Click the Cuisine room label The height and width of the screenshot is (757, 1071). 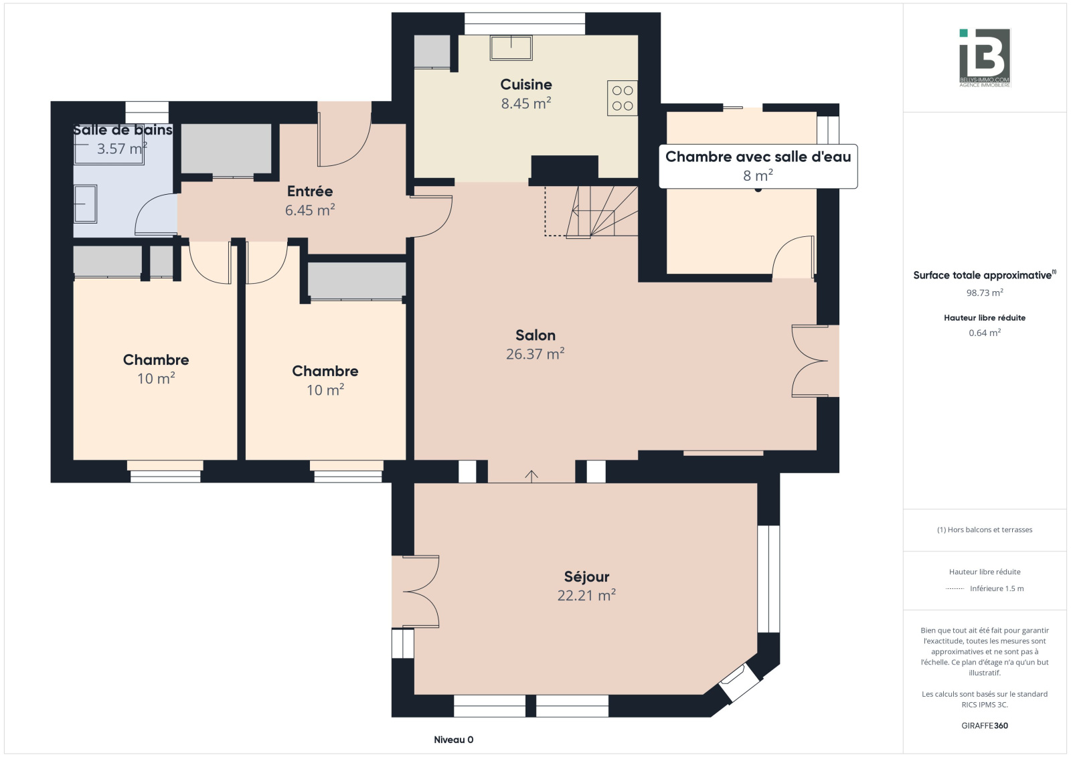pyautogui.click(x=526, y=84)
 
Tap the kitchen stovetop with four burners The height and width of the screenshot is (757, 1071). pyautogui.click(x=622, y=98)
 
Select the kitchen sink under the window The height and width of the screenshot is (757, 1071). pyautogui.click(x=511, y=48)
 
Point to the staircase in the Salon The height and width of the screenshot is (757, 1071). pyautogui.click(x=592, y=212)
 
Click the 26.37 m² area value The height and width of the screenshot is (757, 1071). pyautogui.click(x=535, y=354)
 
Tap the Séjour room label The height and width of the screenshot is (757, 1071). pyautogui.click(x=586, y=576)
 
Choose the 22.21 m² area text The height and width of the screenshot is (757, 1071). pyautogui.click(x=586, y=596)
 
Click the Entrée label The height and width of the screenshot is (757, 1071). pyautogui.click(x=310, y=191)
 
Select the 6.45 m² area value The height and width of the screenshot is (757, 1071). pyautogui.click(x=310, y=210)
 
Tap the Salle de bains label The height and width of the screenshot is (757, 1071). pyautogui.click(x=122, y=130)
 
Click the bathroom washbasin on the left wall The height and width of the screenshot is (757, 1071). pyautogui.click(x=85, y=203)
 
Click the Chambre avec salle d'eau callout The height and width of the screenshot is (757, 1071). pyautogui.click(x=758, y=166)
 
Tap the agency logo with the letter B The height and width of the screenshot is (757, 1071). pyautogui.click(x=985, y=58)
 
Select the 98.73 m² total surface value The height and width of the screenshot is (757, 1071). pyautogui.click(x=985, y=292)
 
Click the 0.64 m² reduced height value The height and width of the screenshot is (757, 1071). pyautogui.click(x=985, y=333)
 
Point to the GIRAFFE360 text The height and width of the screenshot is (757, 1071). pyautogui.click(x=985, y=726)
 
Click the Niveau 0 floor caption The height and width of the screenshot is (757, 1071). pyautogui.click(x=453, y=740)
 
